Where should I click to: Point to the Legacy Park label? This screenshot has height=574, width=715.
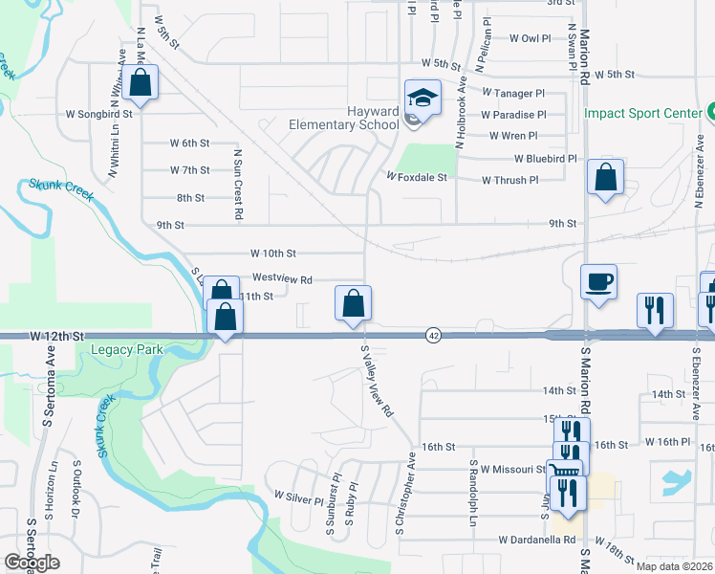(129, 350)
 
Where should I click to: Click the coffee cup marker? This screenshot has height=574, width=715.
(598, 282)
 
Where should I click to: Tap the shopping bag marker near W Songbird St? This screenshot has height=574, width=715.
(140, 83)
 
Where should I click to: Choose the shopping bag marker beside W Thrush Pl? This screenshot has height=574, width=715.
(605, 177)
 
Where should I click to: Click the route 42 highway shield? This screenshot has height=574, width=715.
(434, 335)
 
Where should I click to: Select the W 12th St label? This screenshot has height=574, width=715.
(57, 337)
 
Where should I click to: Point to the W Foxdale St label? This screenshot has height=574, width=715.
(417, 177)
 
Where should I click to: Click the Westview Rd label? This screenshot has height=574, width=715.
(282, 279)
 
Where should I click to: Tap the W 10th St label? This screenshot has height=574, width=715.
(272, 254)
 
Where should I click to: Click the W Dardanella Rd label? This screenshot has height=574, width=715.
(537, 540)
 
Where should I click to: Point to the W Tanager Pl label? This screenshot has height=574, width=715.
(512, 93)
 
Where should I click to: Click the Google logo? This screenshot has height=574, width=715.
(32, 563)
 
